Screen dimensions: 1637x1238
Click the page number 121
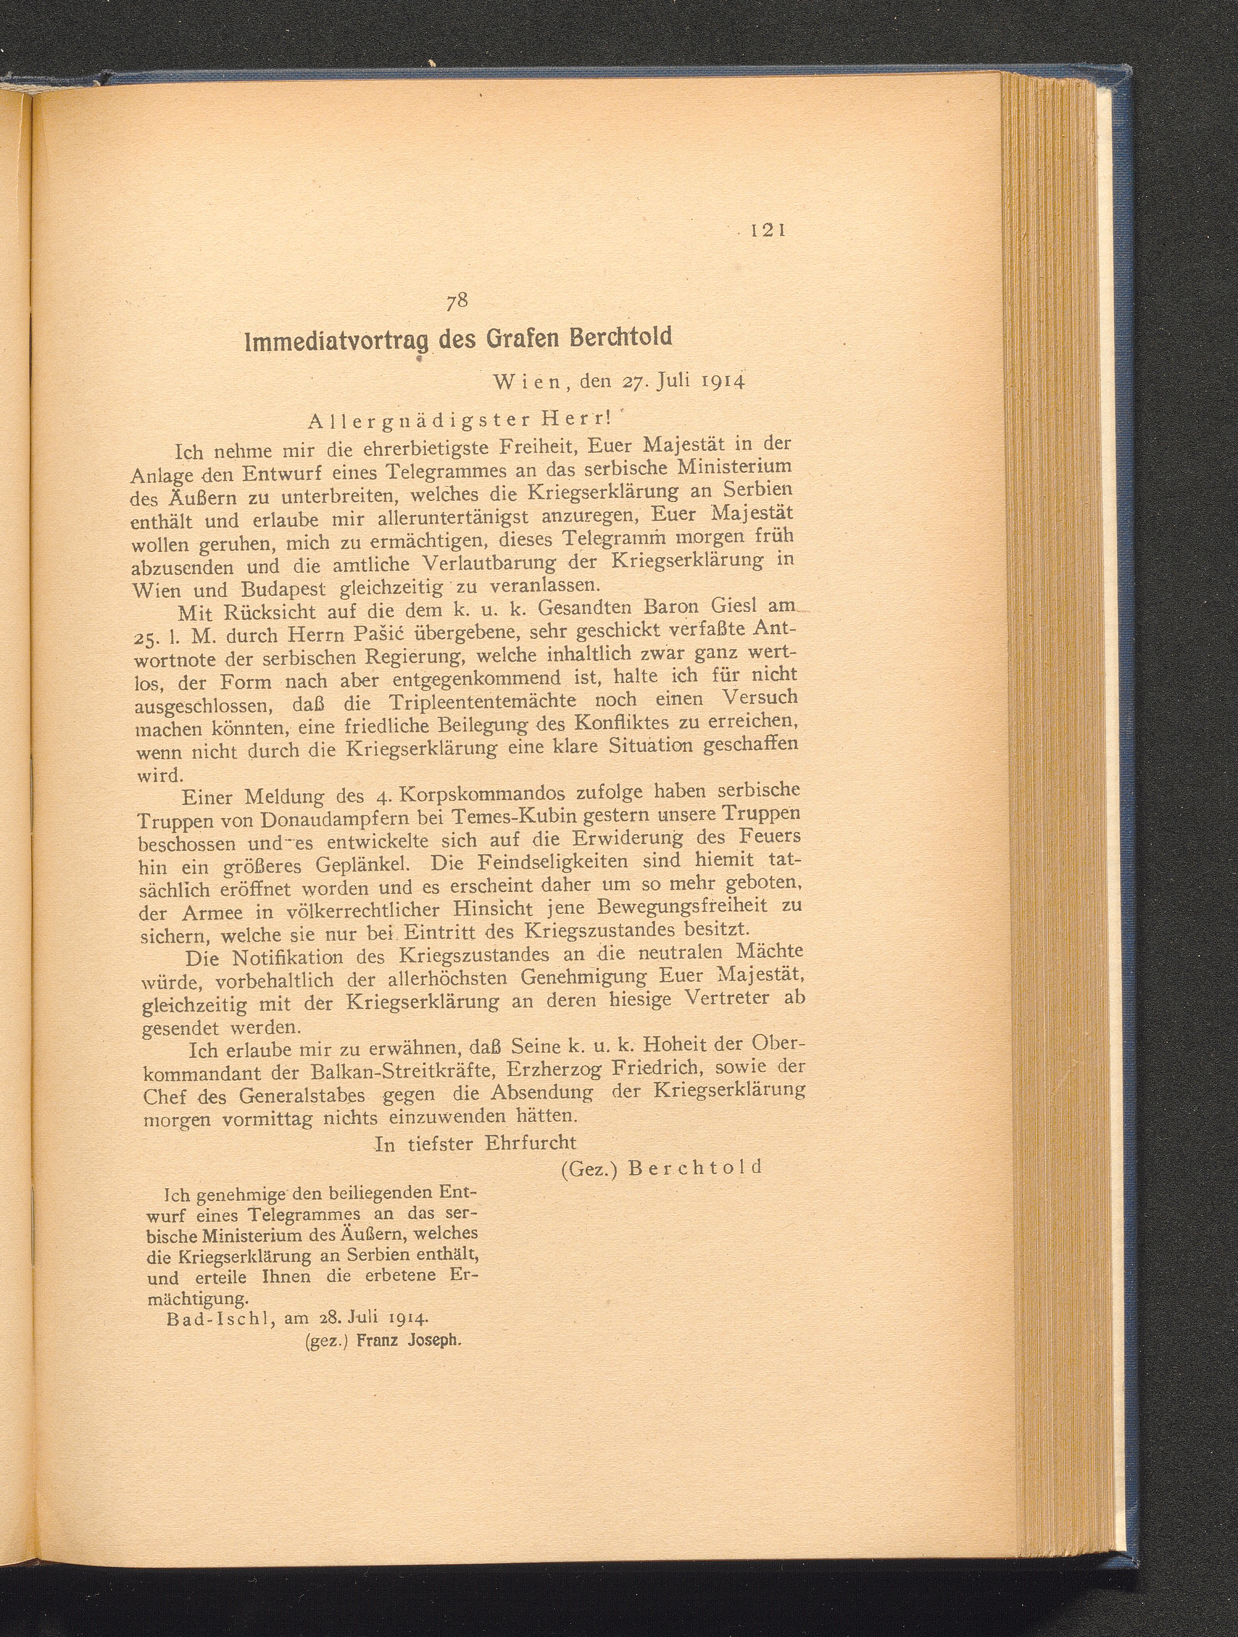tap(766, 230)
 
